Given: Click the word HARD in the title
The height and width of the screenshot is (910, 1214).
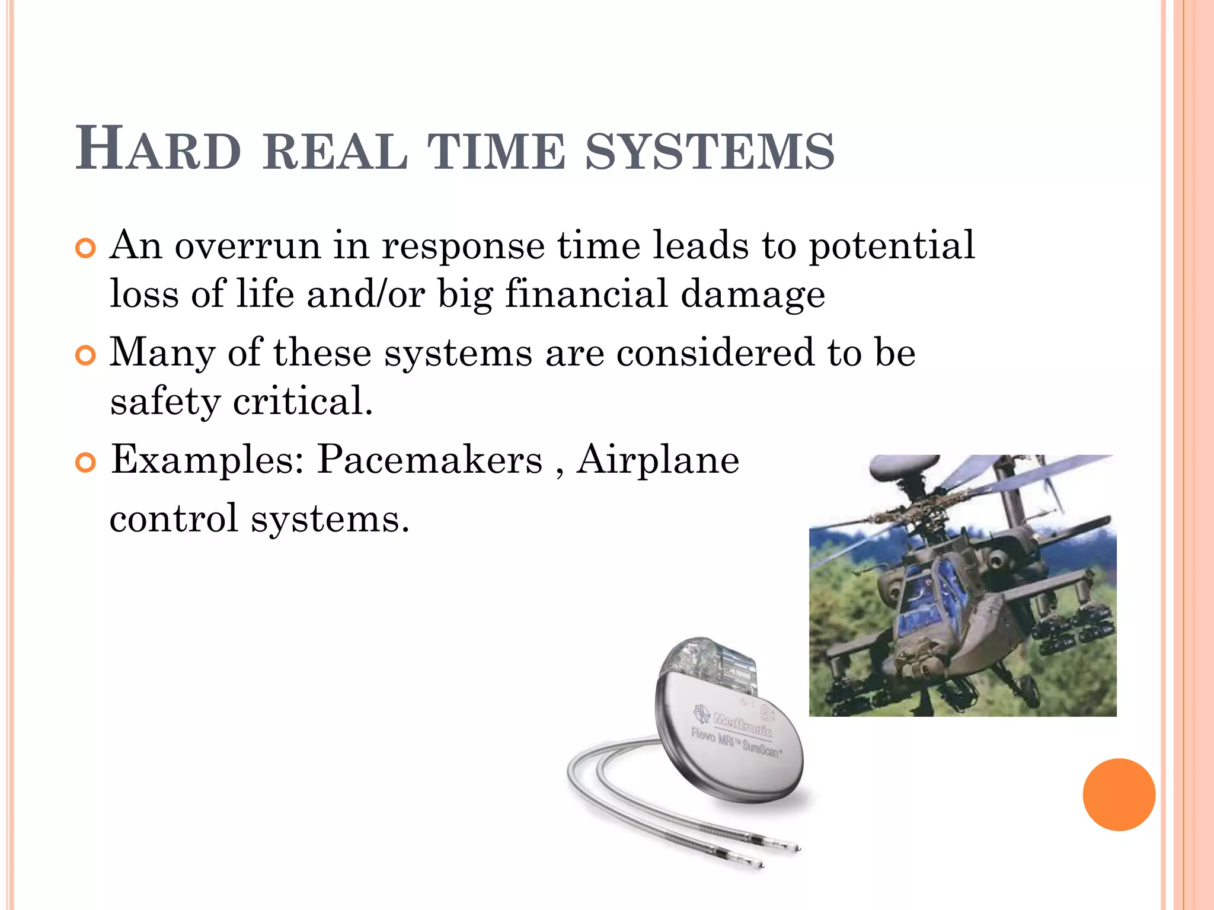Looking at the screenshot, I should pos(158,150).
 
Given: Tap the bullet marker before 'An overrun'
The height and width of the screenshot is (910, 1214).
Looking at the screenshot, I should pos(86,249).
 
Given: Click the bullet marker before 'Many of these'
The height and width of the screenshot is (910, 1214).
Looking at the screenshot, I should pos(86,356).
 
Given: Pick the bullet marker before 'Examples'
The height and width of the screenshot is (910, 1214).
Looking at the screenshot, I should pos(86,463).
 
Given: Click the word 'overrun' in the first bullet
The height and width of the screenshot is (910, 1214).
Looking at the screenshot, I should pos(247,245).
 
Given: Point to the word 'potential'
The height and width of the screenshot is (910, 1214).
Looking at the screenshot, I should pos(892,246).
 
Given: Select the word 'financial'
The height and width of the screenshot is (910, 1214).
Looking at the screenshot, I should pos(586,294).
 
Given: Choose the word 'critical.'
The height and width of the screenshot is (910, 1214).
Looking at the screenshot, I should pos(302,401).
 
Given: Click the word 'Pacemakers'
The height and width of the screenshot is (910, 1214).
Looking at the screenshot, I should pos(429,460).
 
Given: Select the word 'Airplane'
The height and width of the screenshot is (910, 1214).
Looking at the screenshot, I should pos(658,460).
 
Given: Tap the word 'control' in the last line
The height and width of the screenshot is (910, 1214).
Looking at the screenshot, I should pos(174,518).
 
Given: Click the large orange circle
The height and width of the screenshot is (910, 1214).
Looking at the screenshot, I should pos(1119,794).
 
